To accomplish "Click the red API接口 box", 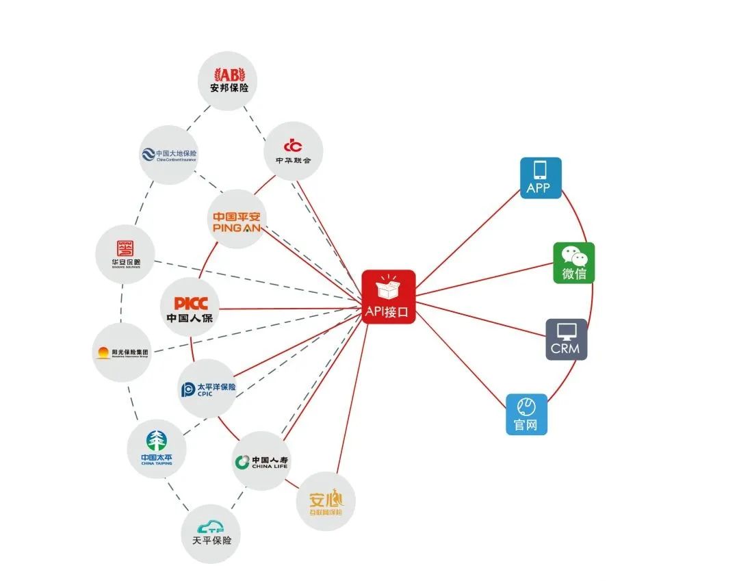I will (388, 296).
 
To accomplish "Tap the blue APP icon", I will (541, 178).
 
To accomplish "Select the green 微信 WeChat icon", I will (573, 263).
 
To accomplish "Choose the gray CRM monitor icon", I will (566, 339).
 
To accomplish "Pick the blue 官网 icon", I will (526, 414).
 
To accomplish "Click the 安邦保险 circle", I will (228, 81).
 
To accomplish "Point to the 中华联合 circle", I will (294, 151).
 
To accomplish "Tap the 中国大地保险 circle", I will (168, 155).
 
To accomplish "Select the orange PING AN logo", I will (237, 219).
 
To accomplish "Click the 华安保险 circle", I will (125, 254).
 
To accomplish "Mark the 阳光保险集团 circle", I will (122, 353).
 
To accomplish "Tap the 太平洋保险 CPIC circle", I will (207, 389).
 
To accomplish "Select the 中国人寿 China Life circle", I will (261, 461).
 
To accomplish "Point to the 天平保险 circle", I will (211, 533).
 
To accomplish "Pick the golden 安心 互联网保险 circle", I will (325, 502).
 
